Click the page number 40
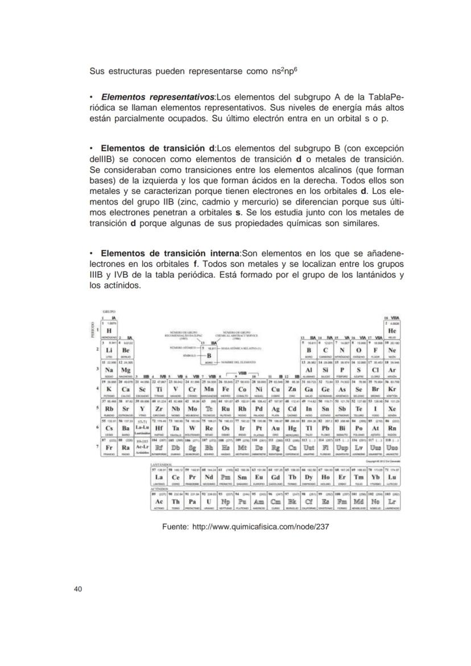click(77, 589)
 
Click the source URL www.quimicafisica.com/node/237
click(261, 527)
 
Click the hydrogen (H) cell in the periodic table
click(109, 330)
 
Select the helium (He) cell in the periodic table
click(391, 330)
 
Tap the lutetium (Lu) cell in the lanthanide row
click(391, 477)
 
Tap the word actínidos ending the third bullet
click(121, 286)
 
